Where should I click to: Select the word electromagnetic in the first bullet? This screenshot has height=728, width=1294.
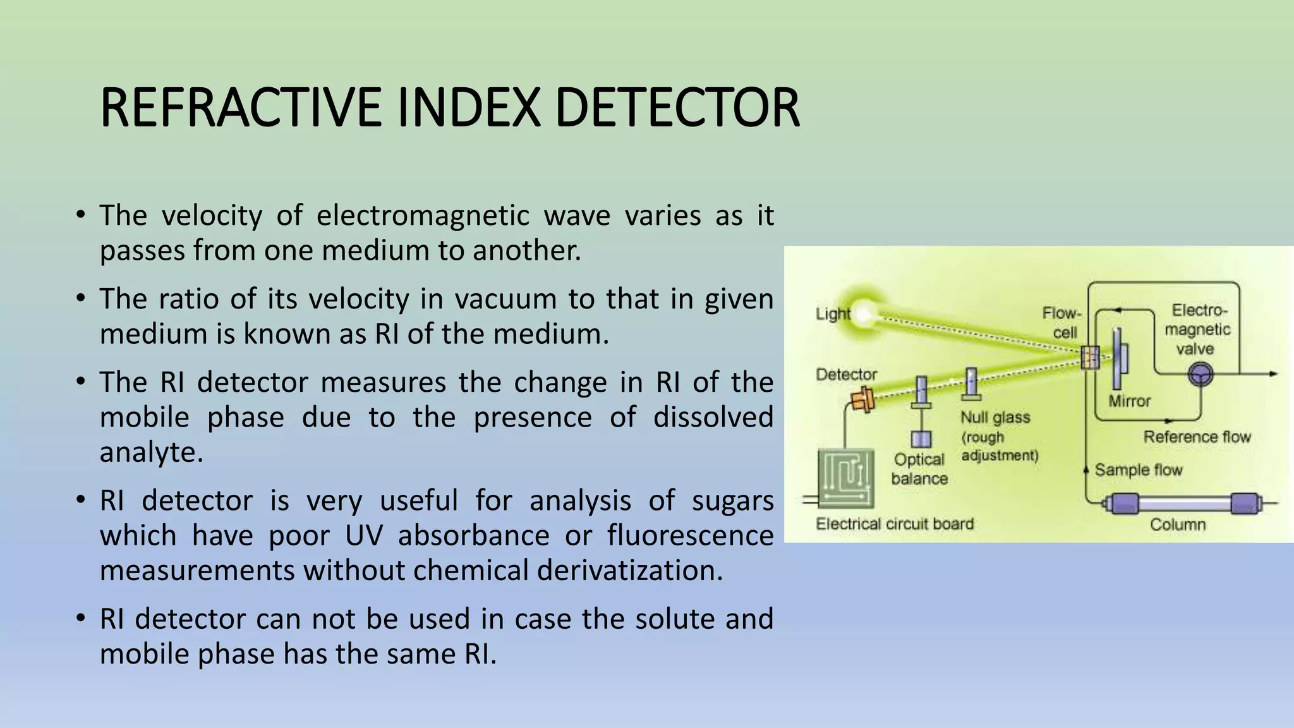(x=422, y=215)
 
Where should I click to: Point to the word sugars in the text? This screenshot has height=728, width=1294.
(x=732, y=500)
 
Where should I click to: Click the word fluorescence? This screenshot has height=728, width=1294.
(x=690, y=535)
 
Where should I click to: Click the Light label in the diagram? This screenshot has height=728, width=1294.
(x=833, y=313)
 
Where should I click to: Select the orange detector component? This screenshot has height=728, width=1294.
(x=862, y=399)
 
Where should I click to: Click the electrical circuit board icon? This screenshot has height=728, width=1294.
(x=846, y=478)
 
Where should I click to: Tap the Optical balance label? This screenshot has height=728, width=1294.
(x=919, y=469)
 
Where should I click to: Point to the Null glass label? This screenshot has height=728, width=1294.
(x=995, y=418)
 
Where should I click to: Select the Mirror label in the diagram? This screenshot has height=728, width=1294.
(x=1130, y=401)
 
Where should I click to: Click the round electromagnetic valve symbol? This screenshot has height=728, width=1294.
(x=1200, y=375)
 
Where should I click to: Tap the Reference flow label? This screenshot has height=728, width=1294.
(x=1197, y=437)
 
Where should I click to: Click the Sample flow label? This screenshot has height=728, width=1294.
(x=1138, y=470)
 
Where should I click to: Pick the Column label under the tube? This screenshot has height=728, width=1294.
(x=1178, y=525)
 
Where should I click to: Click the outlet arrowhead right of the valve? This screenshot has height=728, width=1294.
(x=1273, y=374)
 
